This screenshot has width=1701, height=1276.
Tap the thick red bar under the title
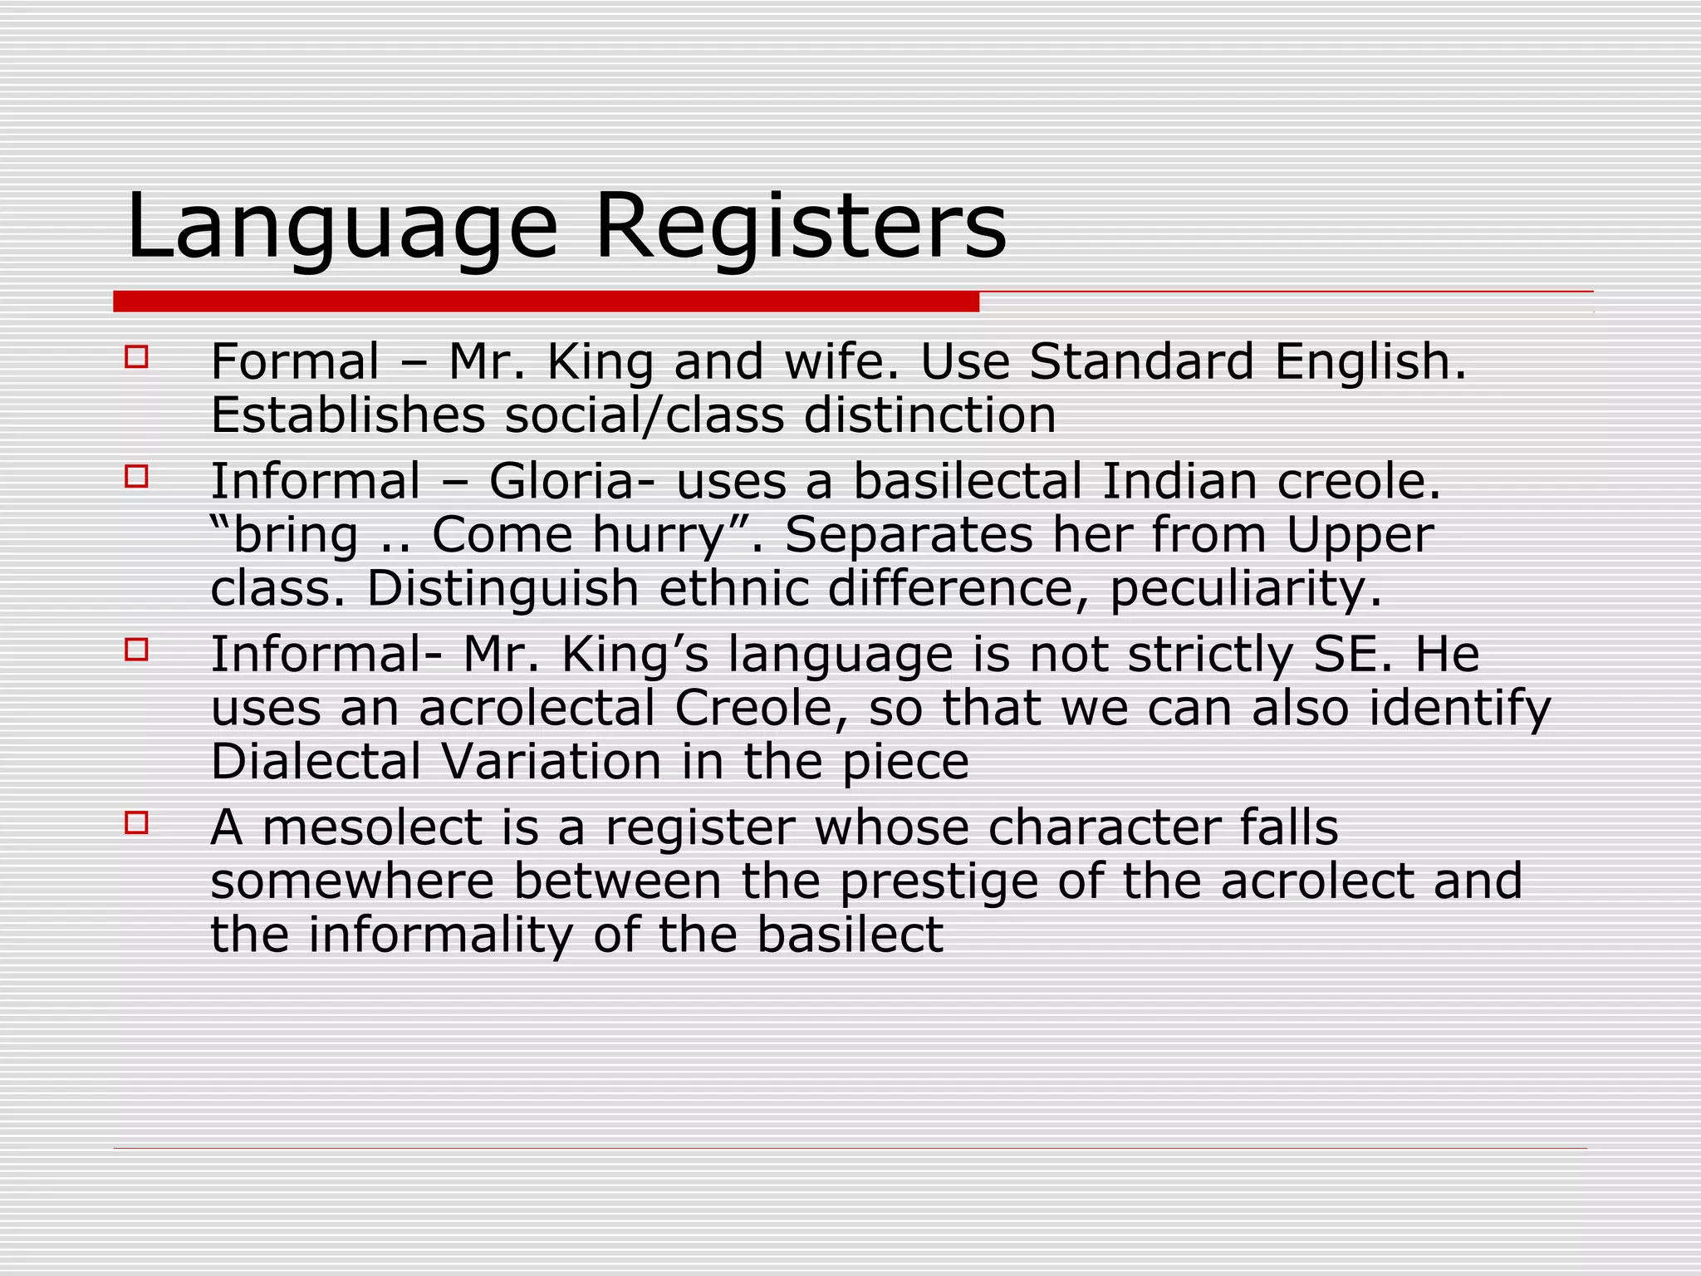point(546,302)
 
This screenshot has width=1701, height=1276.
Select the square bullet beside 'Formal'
point(136,357)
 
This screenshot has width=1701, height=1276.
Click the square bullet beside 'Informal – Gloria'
point(136,477)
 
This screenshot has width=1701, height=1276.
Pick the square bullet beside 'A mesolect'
point(136,822)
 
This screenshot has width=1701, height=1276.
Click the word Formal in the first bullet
point(295,362)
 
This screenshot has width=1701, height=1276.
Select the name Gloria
point(561,482)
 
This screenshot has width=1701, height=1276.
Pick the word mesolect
point(372,828)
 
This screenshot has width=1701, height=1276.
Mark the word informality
point(440,935)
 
